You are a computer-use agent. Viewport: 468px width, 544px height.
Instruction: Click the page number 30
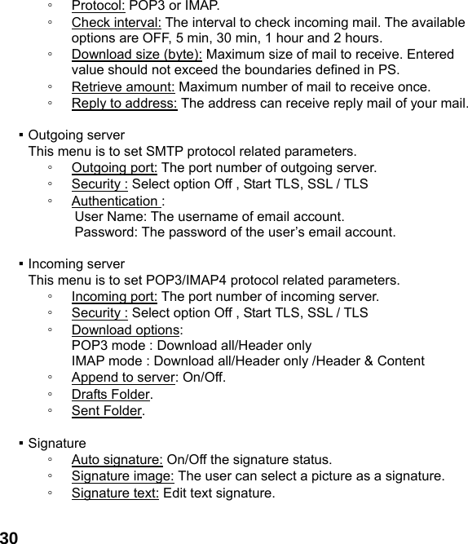[x=10, y=537]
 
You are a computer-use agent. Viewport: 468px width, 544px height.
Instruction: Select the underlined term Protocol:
[x=98, y=6]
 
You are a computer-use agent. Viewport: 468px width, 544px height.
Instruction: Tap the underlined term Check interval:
[x=117, y=22]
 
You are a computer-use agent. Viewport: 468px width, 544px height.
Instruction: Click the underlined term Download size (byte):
[x=137, y=55]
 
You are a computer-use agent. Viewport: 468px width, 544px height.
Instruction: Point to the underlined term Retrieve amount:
[x=123, y=87]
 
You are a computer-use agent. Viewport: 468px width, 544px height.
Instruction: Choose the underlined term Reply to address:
[x=125, y=104]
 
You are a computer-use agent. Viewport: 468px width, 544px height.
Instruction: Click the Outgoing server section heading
[x=76, y=135]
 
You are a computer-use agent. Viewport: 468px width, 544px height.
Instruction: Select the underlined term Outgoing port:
[x=115, y=168]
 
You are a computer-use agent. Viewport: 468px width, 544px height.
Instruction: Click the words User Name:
[x=111, y=216]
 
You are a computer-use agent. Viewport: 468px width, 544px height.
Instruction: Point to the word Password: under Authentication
[x=107, y=232]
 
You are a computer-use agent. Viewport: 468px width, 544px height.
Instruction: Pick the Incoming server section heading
[x=76, y=264]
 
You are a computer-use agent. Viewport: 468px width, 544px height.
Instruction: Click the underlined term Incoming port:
[x=114, y=296]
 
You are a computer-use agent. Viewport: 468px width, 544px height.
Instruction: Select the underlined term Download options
[x=126, y=329]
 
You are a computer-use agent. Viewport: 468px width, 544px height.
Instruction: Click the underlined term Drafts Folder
[x=111, y=395]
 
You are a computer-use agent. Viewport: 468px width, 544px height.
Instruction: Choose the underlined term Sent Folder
[x=107, y=410]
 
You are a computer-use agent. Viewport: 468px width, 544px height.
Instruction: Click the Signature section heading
[x=57, y=444]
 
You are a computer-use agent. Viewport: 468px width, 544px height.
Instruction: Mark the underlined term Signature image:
[x=123, y=476]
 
